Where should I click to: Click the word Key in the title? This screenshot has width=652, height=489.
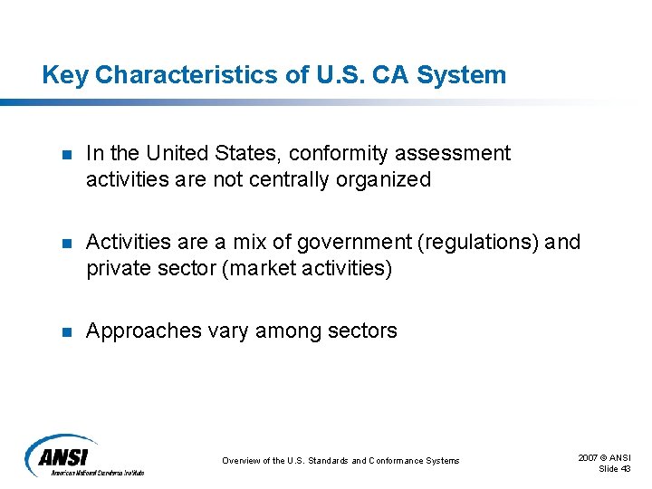pos(64,75)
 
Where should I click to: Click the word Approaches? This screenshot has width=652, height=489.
pos(142,331)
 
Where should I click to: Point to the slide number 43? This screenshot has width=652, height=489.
pos(625,468)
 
